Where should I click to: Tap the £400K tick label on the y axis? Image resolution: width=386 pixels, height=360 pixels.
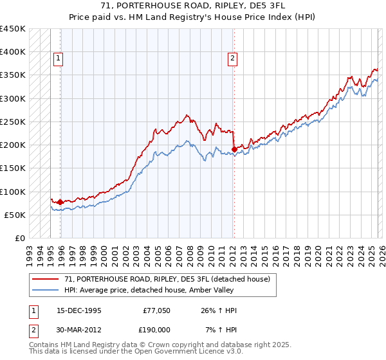point(13,52)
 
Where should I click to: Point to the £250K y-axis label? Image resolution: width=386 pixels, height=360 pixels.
point(13,122)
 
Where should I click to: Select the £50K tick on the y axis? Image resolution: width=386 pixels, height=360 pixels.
point(15,215)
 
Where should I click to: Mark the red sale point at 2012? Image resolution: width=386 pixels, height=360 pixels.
point(234,149)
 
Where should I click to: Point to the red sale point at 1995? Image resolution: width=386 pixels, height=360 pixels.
point(60,202)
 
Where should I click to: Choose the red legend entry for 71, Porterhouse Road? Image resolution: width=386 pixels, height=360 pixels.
point(170,279)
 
